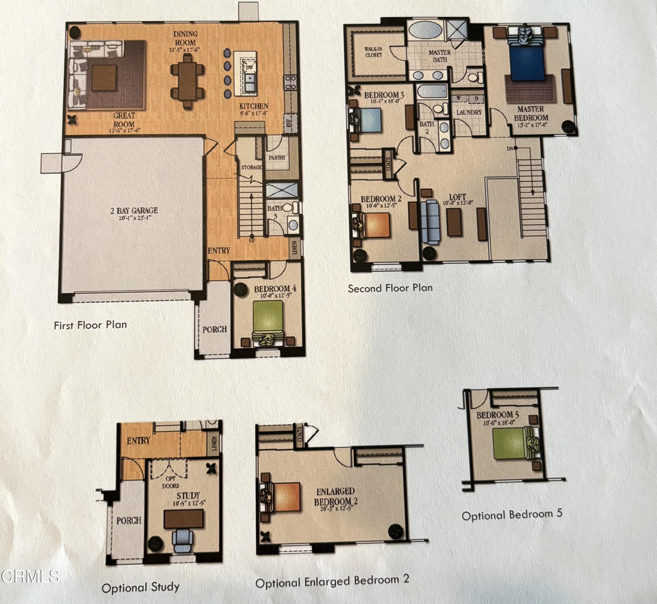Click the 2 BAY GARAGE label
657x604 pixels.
(134, 211)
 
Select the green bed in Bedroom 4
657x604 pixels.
(268, 316)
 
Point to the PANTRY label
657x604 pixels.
(277, 158)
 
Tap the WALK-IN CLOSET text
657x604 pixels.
(373, 52)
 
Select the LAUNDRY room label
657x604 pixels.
(469, 112)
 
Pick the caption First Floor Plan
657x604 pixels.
(90, 325)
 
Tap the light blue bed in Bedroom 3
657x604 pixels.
(369, 120)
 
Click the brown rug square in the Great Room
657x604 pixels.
(104, 78)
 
